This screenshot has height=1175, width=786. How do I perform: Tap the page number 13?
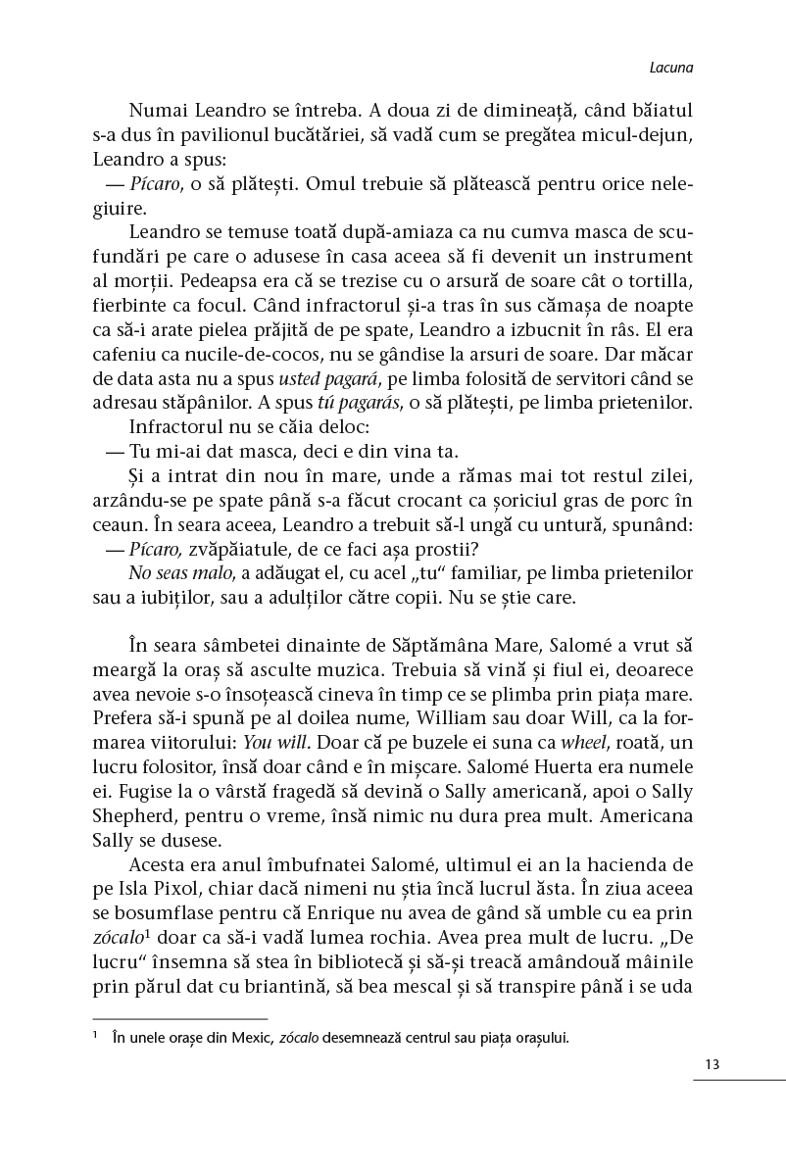point(712,1064)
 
